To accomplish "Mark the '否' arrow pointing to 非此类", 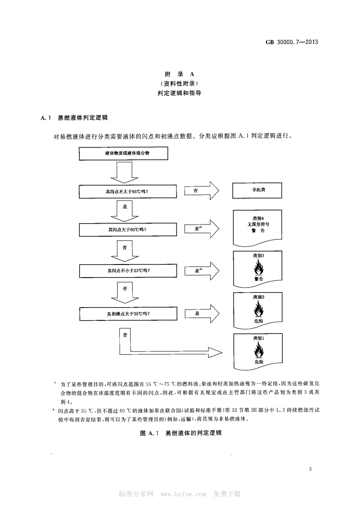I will [x=202, y=191].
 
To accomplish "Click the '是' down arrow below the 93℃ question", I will [x=124, y=210].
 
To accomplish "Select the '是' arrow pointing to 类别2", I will [x=202, y=313].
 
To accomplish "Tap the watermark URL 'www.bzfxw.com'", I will [x=184, y=494].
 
